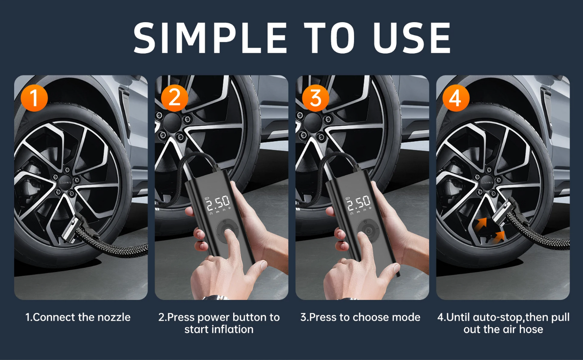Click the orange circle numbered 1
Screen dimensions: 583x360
coord(34,98)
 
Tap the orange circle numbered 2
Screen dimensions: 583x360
coord(175,98)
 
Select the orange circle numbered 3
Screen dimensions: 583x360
coord(316,98)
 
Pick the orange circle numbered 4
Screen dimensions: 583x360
coord(456,98)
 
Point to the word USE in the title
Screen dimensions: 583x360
coord(412,38)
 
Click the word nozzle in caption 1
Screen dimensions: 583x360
coord(114,317)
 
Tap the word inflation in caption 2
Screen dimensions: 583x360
coord(232,330)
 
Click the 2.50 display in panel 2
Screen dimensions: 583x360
coord(218,203)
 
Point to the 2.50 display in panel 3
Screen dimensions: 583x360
coord(359,203)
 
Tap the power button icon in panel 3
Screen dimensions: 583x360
coord(368,231)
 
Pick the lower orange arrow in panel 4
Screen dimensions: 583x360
coord(499,236)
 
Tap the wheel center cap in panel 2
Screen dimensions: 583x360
coord(172,122)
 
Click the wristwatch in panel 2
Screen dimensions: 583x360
coord(215,298)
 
